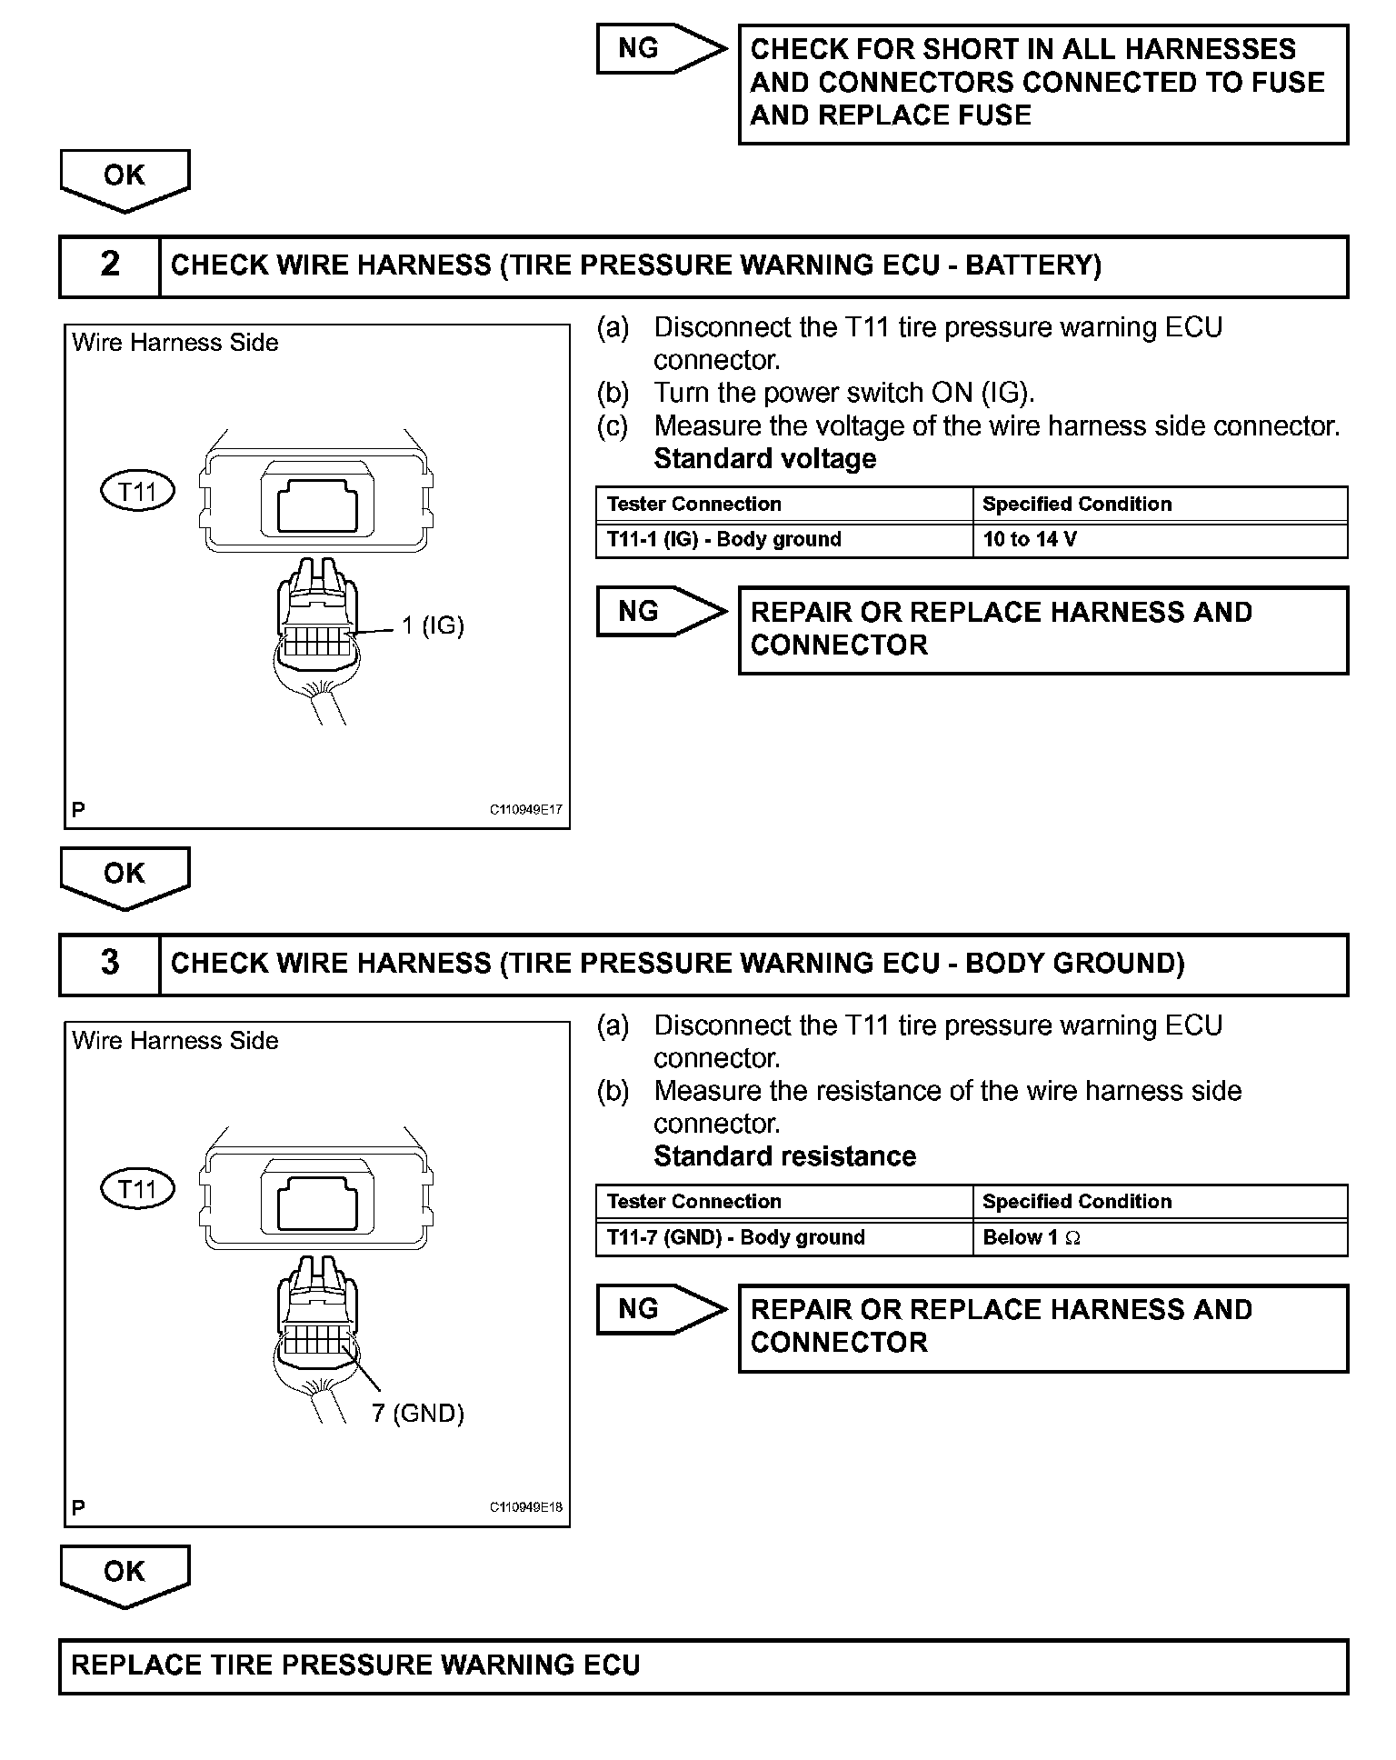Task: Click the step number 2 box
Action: pos(110,265)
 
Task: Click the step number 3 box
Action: pos(110,963)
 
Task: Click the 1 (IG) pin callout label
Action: pos(433,625)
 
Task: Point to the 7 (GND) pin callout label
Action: pos(418,1413)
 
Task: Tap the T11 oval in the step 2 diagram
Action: pos(137,492)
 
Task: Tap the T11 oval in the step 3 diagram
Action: pos(137,1189)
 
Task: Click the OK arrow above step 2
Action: pos(125,178)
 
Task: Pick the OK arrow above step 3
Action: pos(125,875)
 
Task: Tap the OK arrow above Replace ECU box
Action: pos(125,1574)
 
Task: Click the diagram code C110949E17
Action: pos(526,810)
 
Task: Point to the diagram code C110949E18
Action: pos(526,1507)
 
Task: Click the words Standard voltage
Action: pos(765,459)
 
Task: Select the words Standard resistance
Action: pos(785,1156)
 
